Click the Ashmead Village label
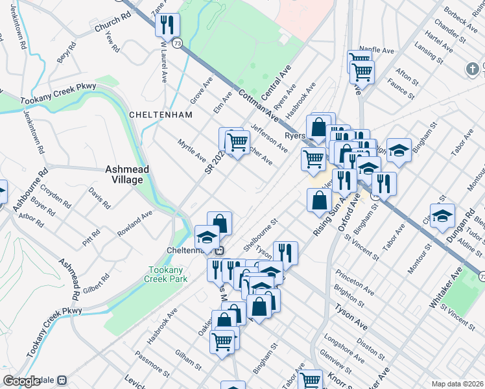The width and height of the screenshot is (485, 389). click(128, 174)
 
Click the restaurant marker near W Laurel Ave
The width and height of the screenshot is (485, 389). click(167, 26)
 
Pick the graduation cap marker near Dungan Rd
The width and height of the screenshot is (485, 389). click(442, 217)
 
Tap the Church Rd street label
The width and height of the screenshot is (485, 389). click(108, 29)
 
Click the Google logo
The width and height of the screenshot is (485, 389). click(21, 381)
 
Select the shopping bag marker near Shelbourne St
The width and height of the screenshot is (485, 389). click(220, 224)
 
